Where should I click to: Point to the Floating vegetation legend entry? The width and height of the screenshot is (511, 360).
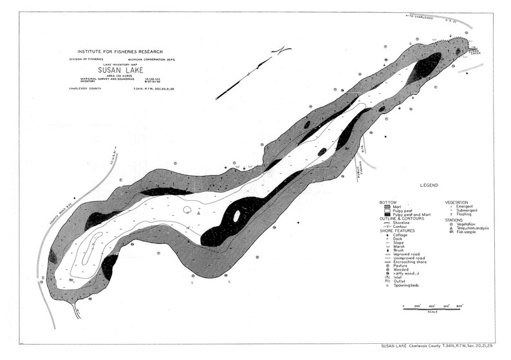pos(468,214)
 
